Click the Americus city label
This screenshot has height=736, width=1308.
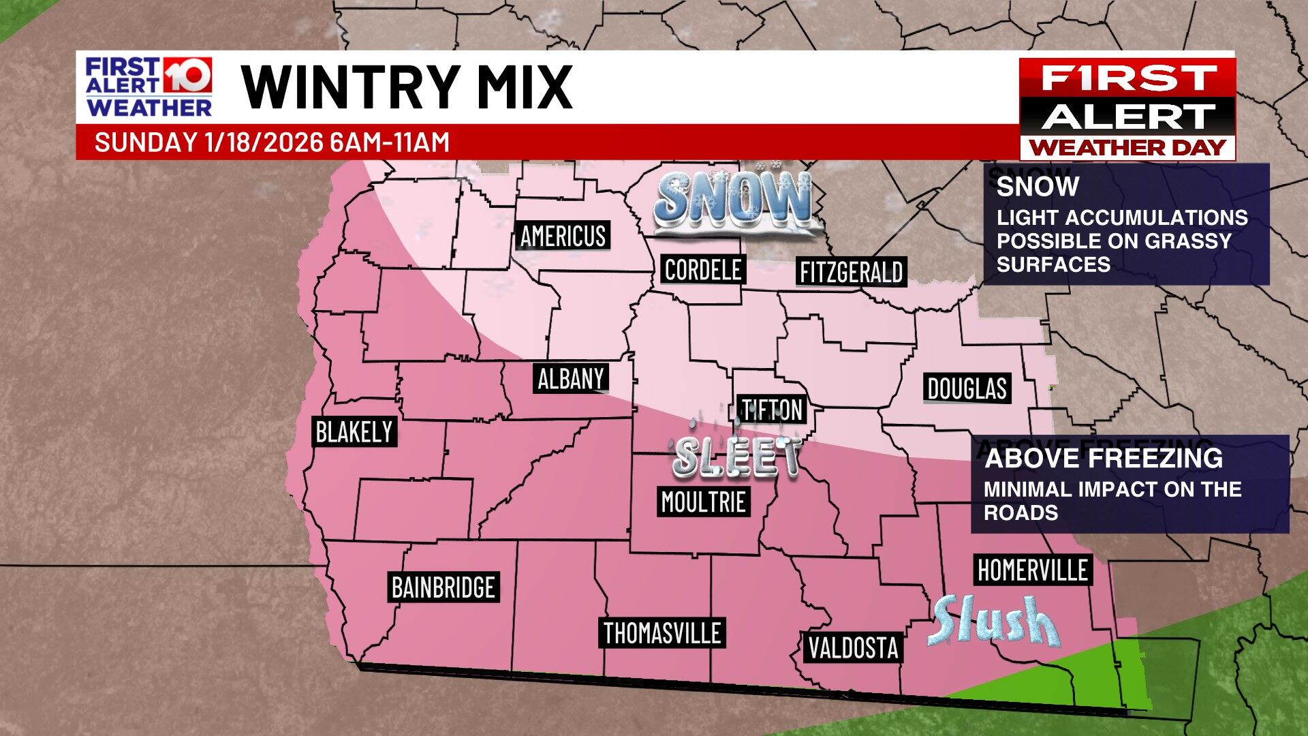(x=563, y=236)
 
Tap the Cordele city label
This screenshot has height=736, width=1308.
(x=702, y=270)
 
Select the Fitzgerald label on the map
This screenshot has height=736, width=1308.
(x=851, y=273)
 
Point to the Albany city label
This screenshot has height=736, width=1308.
(x=571, y=379)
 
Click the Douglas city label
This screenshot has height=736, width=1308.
(x=967, y=388)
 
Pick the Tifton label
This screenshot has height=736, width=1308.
(x=773, y=410)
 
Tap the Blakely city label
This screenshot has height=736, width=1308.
(x=354, y=432)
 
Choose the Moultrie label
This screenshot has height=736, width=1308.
(x=703, y=502)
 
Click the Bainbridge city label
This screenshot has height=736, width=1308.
(x=443, y=587)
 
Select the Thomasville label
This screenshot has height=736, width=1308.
(x=662, y=633)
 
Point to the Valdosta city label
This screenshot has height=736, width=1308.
(x=853, y=647)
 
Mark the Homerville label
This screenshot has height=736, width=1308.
(x=1032, y=570)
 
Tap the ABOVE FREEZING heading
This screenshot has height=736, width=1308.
(x=1103, y=458)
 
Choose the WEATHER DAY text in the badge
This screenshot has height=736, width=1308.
(x=1127, y=147)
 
